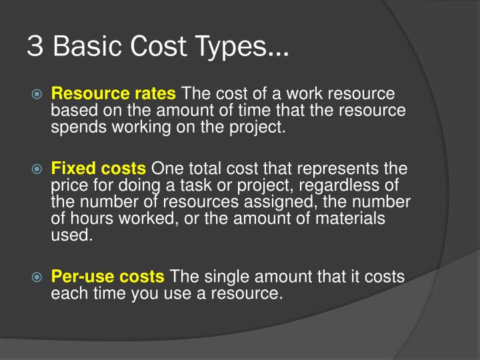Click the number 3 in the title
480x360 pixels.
(34, 46)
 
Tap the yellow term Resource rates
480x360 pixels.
(114, 94)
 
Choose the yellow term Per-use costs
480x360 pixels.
(108, 277)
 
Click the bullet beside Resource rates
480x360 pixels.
(38, 95)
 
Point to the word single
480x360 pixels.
(228, 277)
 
